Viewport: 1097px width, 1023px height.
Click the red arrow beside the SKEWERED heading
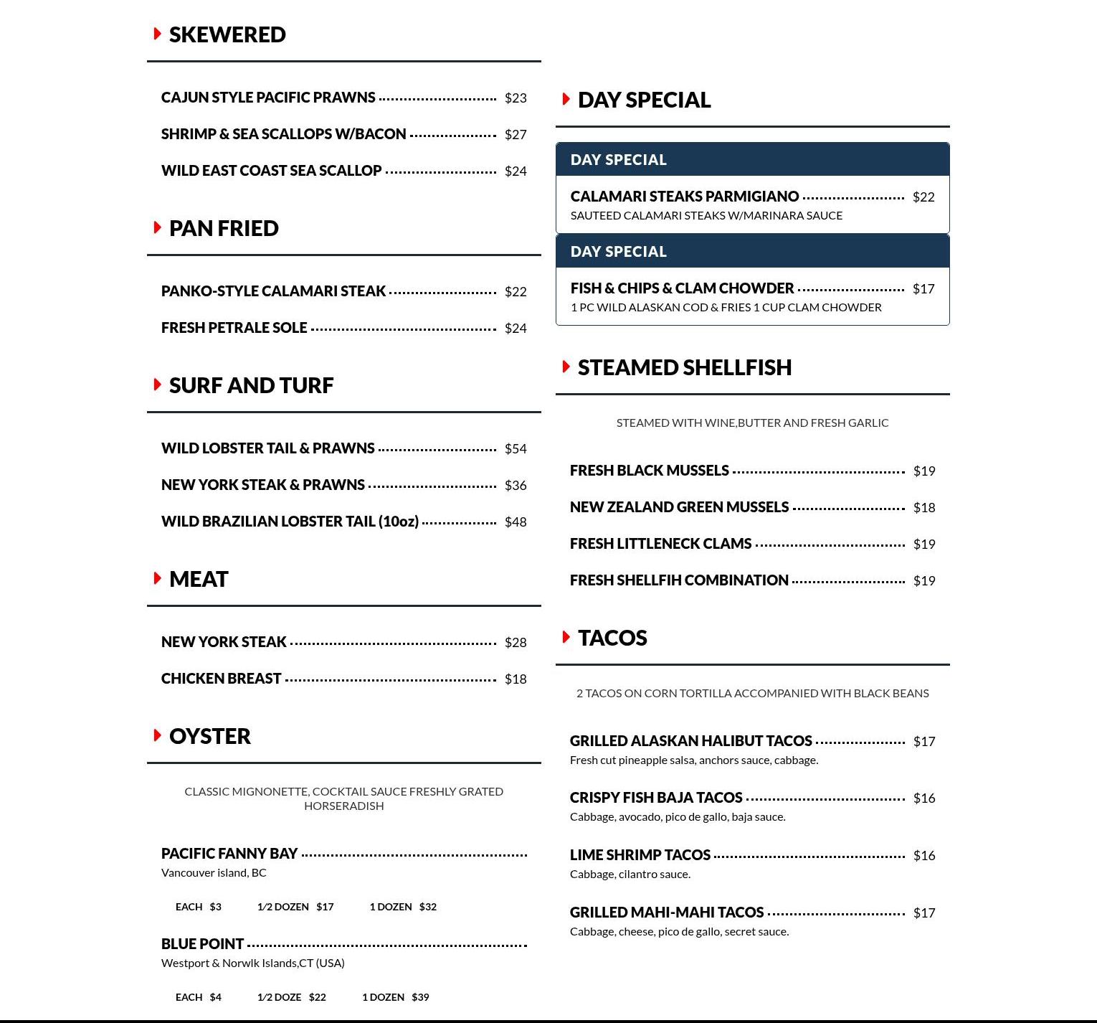157,34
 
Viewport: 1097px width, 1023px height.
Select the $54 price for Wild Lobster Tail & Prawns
516,449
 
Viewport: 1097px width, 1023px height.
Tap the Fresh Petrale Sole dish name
234,328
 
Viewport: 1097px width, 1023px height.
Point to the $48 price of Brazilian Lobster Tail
516,522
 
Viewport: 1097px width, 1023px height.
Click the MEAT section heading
199,579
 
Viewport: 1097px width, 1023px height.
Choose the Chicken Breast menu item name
221,679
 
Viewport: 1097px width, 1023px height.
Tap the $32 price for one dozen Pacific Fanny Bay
428,907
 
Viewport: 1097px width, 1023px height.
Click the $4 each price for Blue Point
216,997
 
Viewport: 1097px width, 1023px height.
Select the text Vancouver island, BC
214,873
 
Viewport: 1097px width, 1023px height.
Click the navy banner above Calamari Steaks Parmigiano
752,159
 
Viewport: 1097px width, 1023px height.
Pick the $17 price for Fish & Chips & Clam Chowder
923,289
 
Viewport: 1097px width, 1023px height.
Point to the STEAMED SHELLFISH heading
685,367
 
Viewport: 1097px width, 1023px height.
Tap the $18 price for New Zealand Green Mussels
924,508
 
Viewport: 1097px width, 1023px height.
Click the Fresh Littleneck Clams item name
660,544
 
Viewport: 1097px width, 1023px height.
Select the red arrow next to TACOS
566,637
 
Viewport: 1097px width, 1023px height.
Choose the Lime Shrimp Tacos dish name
640,855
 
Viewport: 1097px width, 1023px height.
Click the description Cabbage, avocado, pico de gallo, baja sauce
678,817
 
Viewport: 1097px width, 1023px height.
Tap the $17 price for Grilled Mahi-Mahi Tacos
924,913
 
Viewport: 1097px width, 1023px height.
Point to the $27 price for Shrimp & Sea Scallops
516,135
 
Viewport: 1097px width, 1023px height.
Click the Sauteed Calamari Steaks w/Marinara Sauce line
706,216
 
